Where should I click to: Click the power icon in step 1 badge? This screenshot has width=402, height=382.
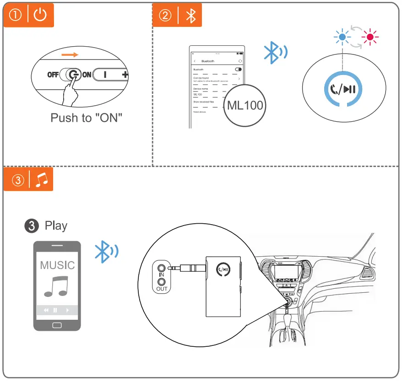(41, 15)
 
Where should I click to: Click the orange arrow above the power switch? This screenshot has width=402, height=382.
(71, 54)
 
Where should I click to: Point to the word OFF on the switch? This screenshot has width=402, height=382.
(53, 75)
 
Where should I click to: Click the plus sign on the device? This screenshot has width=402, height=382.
(125, 75)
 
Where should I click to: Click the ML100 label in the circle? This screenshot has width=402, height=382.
(245, 105)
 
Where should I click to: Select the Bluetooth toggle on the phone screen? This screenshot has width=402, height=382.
(238, 69)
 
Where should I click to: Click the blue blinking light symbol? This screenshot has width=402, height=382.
(342, 36)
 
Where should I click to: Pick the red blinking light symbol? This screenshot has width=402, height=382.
(370, 36)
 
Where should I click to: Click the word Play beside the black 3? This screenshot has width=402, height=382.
(56, 226)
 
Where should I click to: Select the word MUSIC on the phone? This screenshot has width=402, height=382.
(57, 265)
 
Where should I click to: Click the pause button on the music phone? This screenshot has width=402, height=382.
(55, 310)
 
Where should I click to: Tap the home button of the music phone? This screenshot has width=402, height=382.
(57, 325)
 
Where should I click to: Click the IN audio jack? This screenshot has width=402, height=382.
(161, 268)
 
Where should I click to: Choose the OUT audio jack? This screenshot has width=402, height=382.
(161, 283)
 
